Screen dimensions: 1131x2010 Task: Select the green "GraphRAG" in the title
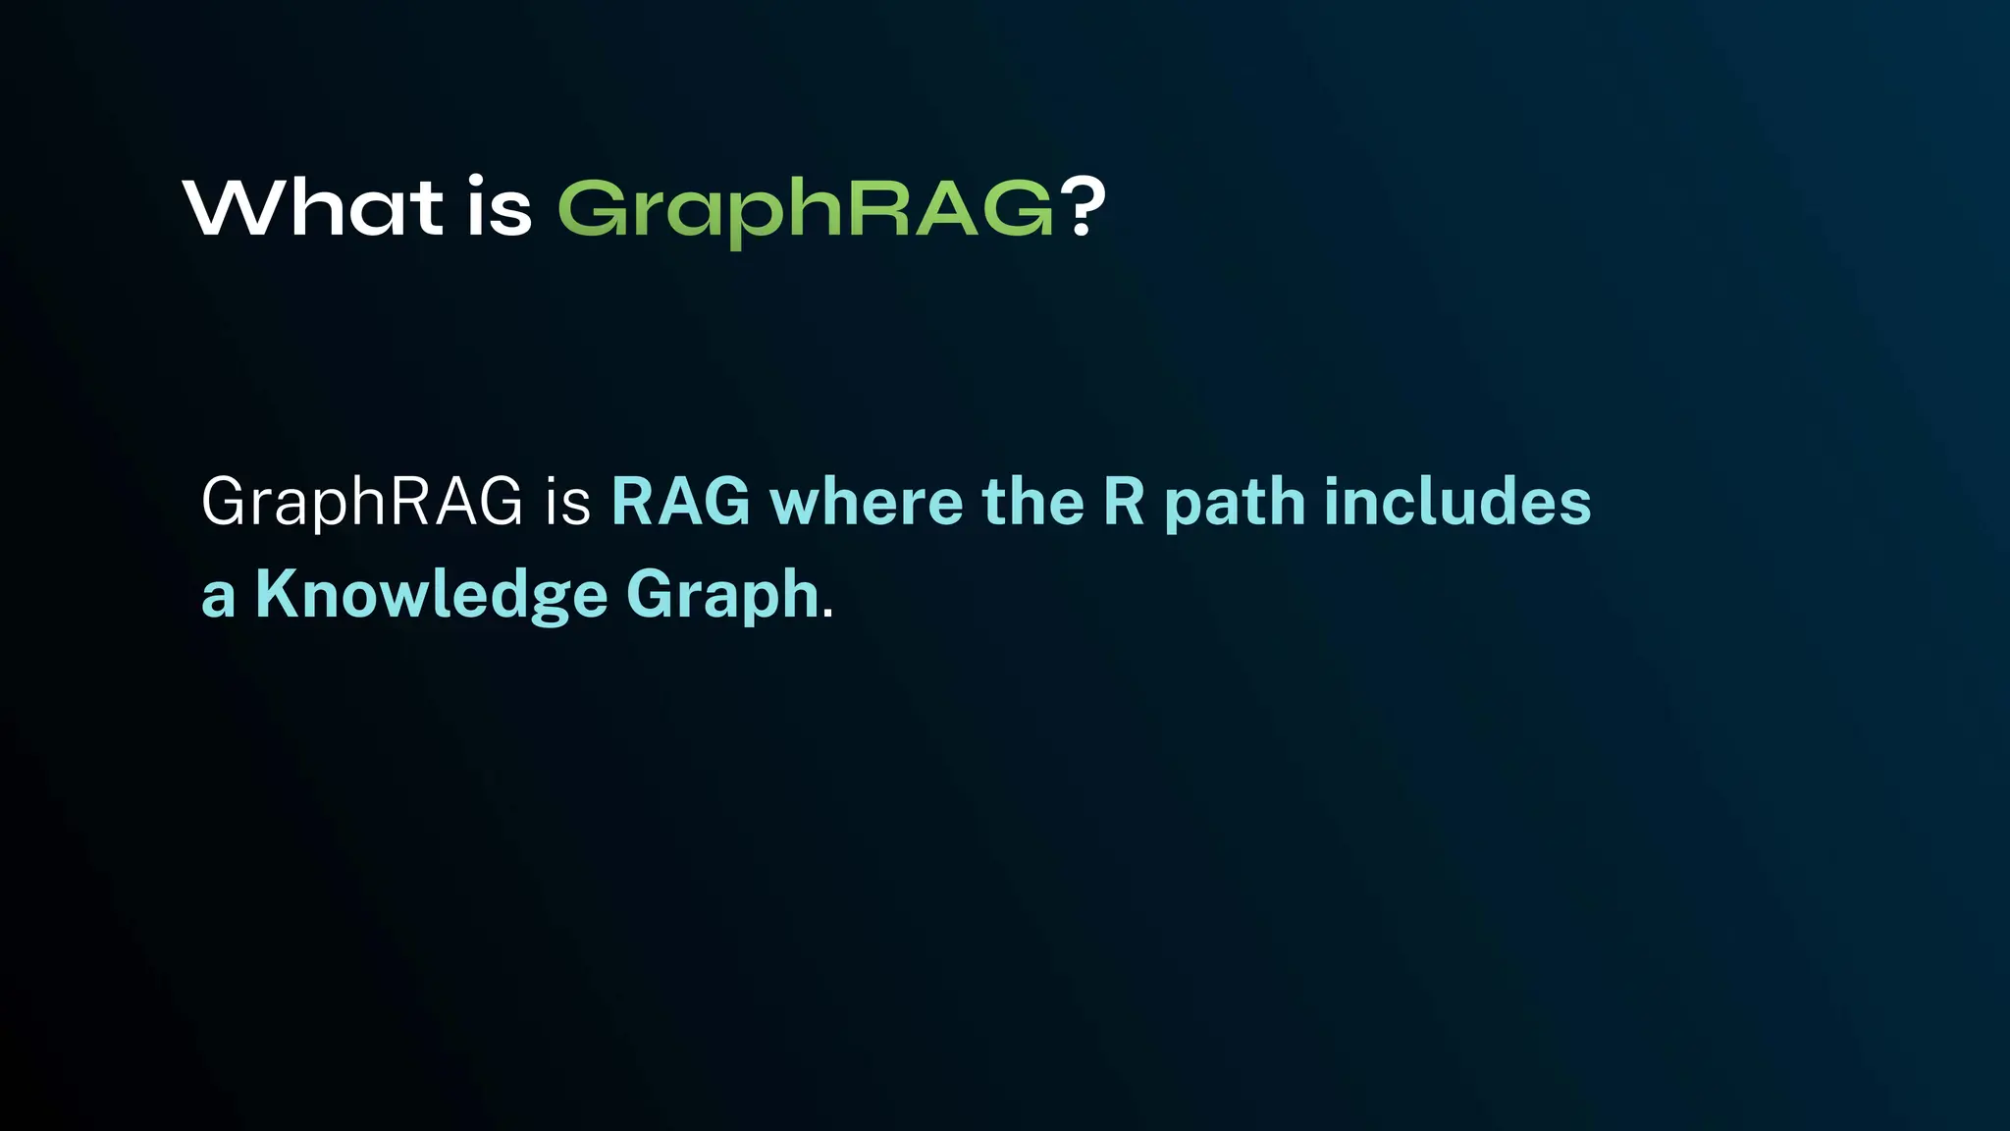[x=806, y=209]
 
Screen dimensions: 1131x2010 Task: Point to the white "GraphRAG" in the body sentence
[x=362, y=502]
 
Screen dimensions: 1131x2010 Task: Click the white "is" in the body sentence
[x=568, y=502]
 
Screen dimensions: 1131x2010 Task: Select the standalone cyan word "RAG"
[x=681, y=502]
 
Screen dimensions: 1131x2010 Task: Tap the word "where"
[x=867, y=502]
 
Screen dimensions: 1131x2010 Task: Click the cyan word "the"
[x=1032, y=502]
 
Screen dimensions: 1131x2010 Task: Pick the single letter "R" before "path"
[x=1125, y=502]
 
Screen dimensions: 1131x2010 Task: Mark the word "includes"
[x=1457, y=502]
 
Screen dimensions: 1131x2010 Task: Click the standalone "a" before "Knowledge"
[x=218, y=598]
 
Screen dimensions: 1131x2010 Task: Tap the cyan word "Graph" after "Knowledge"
[x=722, y=596]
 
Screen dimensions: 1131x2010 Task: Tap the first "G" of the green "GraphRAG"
[x=593, y=208]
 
